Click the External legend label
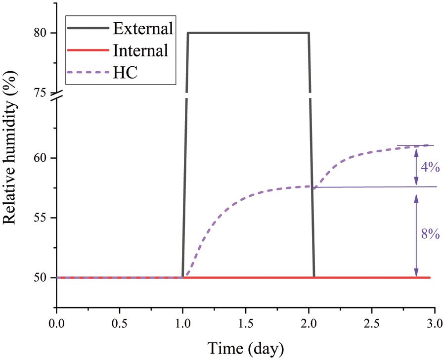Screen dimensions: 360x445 point(143,28)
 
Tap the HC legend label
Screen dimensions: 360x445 point(125,73)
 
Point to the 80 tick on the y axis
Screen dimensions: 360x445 point(41,33)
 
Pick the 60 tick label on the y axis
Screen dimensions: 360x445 point(41,158)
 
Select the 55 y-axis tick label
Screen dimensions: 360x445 point(41,218)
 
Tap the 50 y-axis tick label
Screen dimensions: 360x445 point(41,278)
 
